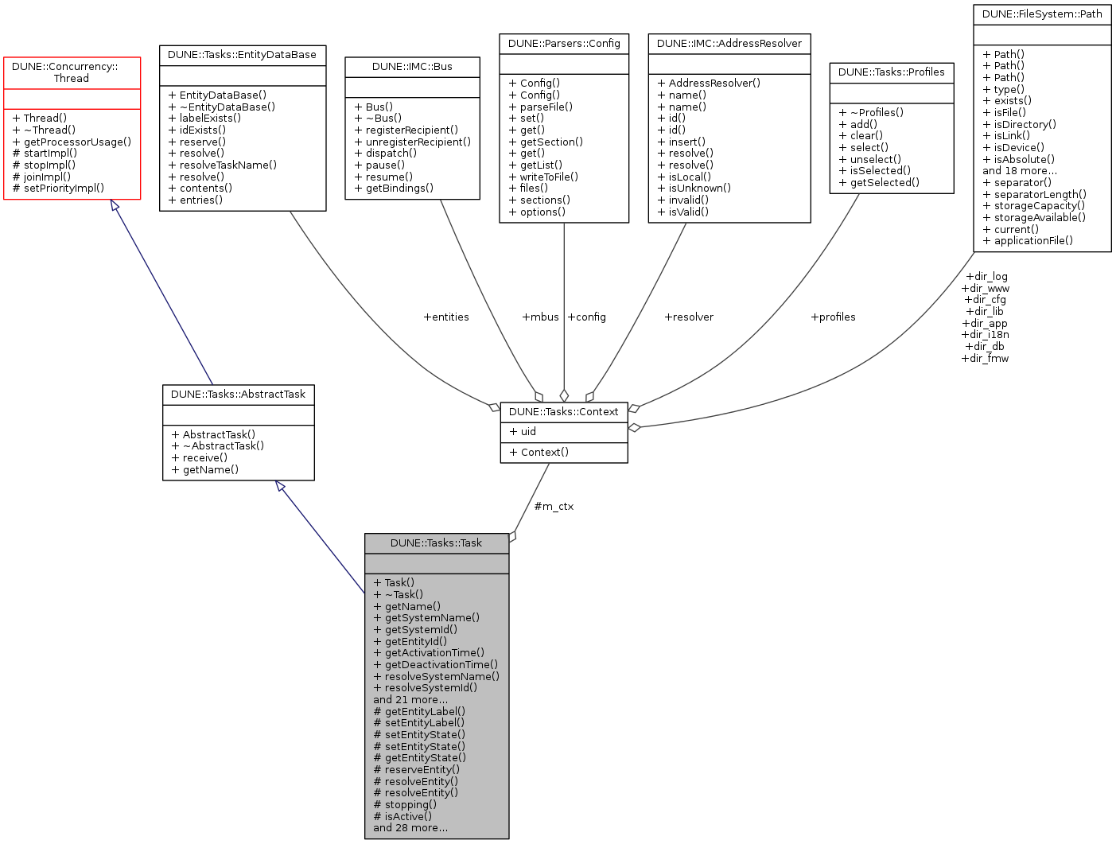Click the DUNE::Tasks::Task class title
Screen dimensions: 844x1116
tap(436, 543)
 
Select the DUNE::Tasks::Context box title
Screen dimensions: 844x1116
tap(563, 412)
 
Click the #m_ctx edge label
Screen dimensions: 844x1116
tap(554, 507)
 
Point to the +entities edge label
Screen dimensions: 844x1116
tap(446, 317)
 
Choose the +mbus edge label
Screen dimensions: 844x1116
tap(540, 317)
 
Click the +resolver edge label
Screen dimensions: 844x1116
tap(689, 317)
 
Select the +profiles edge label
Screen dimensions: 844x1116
tap(833, 317)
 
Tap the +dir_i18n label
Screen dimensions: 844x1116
tap(985, 335)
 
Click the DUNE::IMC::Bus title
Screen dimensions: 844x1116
tap(412, 67)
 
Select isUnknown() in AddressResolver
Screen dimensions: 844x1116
tap(694, 189)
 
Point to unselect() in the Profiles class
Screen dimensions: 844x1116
tap(870, 159)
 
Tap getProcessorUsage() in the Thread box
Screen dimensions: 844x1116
tap(72, 142)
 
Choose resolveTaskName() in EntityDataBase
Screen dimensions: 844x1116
tap(223, 165)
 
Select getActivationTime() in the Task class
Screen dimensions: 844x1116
tap(429, 653)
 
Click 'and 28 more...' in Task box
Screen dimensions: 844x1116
tap(410, 828)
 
